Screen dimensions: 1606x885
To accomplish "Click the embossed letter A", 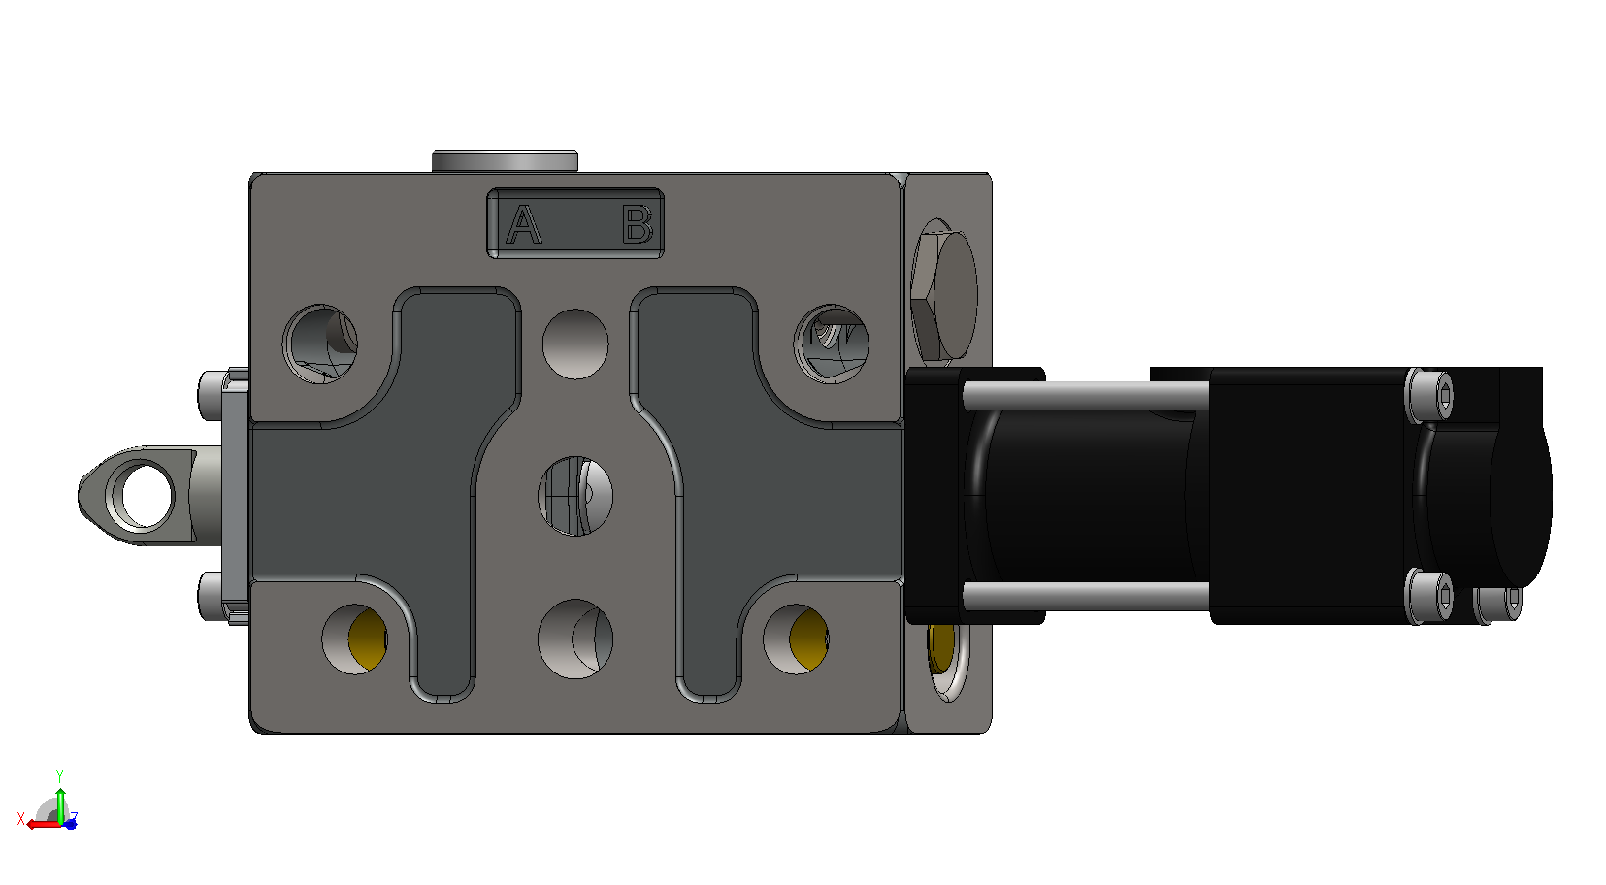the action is click(523, 224).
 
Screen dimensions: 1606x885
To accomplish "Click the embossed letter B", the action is click(637, 224).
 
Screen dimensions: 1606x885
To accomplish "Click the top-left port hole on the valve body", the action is click(320, 344).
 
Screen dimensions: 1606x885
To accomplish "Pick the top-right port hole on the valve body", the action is click(831, 344).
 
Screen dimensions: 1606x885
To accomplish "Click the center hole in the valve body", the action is click(575, 496).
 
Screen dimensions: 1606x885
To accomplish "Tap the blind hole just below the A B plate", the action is click(575, 344).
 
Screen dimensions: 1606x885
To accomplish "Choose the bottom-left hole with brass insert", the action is click(355, 639).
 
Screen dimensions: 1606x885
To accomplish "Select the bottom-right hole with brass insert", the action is click(796, 639).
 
